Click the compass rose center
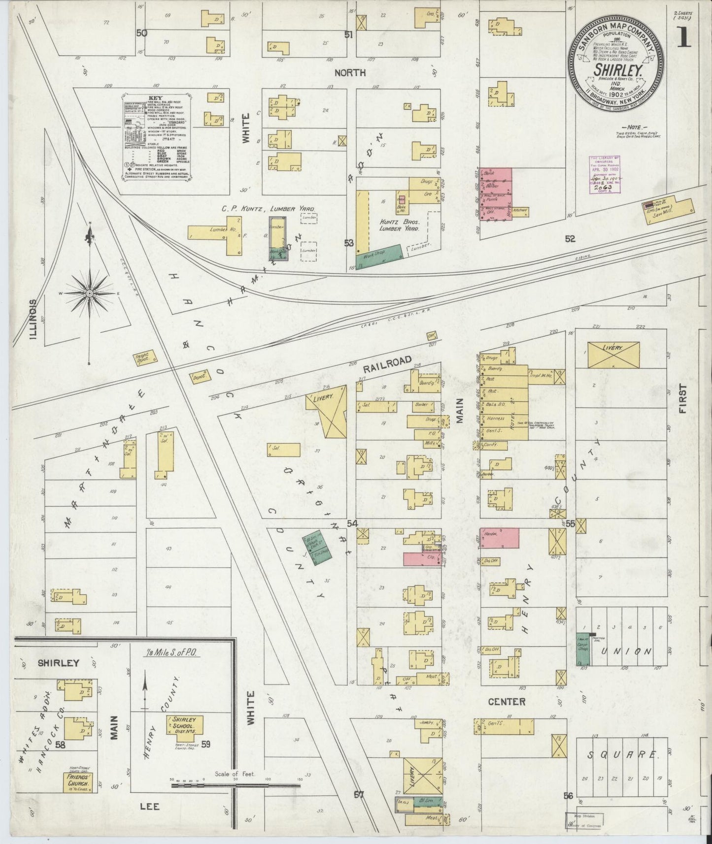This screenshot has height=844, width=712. tap(89, 293)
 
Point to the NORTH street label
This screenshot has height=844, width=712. tap(350, 72)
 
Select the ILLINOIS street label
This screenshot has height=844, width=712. tap(34, 321)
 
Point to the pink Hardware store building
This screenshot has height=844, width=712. tap(500, 537)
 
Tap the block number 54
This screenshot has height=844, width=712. tap(352, 523)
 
